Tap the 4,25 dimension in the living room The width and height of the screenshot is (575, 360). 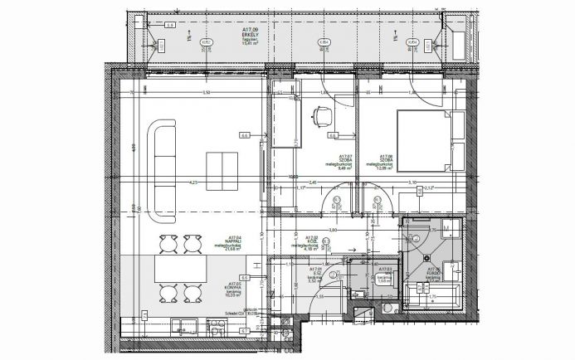pos(192,182)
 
